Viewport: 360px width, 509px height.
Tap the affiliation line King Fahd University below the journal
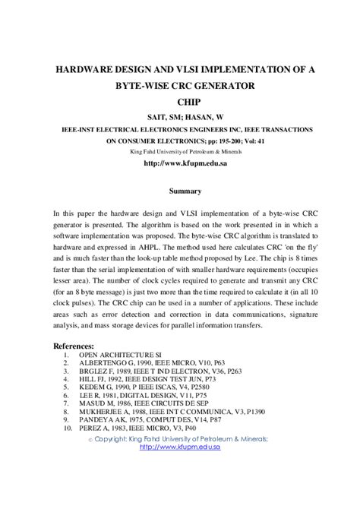pos(180,151)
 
